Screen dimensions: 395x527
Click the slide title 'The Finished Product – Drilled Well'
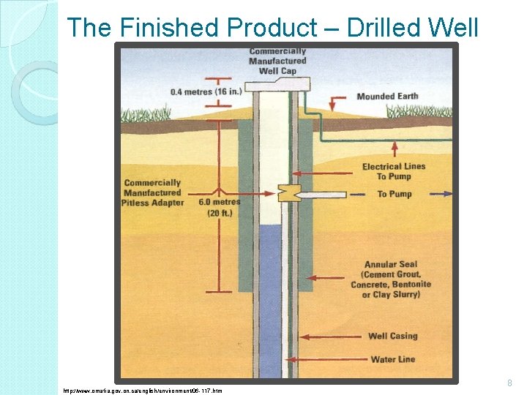272,28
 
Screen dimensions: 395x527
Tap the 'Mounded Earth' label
387,97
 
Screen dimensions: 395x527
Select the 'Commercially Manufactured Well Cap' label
277,61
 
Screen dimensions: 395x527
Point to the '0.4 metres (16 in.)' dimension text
198,92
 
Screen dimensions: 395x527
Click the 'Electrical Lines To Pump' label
393,171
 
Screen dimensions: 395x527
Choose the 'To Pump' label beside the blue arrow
395,194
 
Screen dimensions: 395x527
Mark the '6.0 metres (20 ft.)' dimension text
219,207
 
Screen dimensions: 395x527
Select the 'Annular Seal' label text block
391,279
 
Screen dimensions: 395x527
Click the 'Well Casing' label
392,336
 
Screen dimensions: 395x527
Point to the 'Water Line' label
393,359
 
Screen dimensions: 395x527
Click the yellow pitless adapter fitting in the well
286,193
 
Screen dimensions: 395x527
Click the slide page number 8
510,383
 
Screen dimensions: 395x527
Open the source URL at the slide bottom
143,391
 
